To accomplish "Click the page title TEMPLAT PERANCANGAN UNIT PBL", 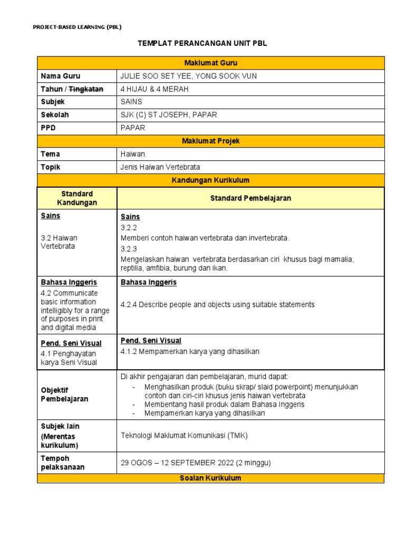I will [x=202, y=43].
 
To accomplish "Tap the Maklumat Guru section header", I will [x=210, y=63].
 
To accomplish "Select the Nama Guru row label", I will [x=61, y=76].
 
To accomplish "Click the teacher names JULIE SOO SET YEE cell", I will [x=189, y=76].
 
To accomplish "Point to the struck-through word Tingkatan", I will [x=86, y=89].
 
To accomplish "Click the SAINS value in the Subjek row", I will [x=131, y=102].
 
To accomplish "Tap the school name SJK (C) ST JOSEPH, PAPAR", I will [x=168, y=115].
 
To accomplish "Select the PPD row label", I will [x=49, y=128].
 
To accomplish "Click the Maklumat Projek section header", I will [x=210, y=141].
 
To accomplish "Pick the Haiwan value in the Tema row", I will [x=132, y=154].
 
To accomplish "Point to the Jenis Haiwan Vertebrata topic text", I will [x=160, y=167].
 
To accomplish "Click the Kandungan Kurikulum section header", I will [x=210, y=180].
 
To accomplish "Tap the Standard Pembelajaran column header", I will [x=250, y=198].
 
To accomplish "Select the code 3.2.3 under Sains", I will [x=129, y=249].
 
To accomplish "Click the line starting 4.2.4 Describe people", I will [x=217, y=305].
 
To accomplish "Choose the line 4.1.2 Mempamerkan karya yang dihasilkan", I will [x=190, y=352].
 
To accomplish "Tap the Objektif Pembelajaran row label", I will [x=64, y=394].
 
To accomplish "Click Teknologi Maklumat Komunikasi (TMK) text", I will [x=184, y=436].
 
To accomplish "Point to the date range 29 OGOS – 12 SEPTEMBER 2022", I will [x=196, y=463].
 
